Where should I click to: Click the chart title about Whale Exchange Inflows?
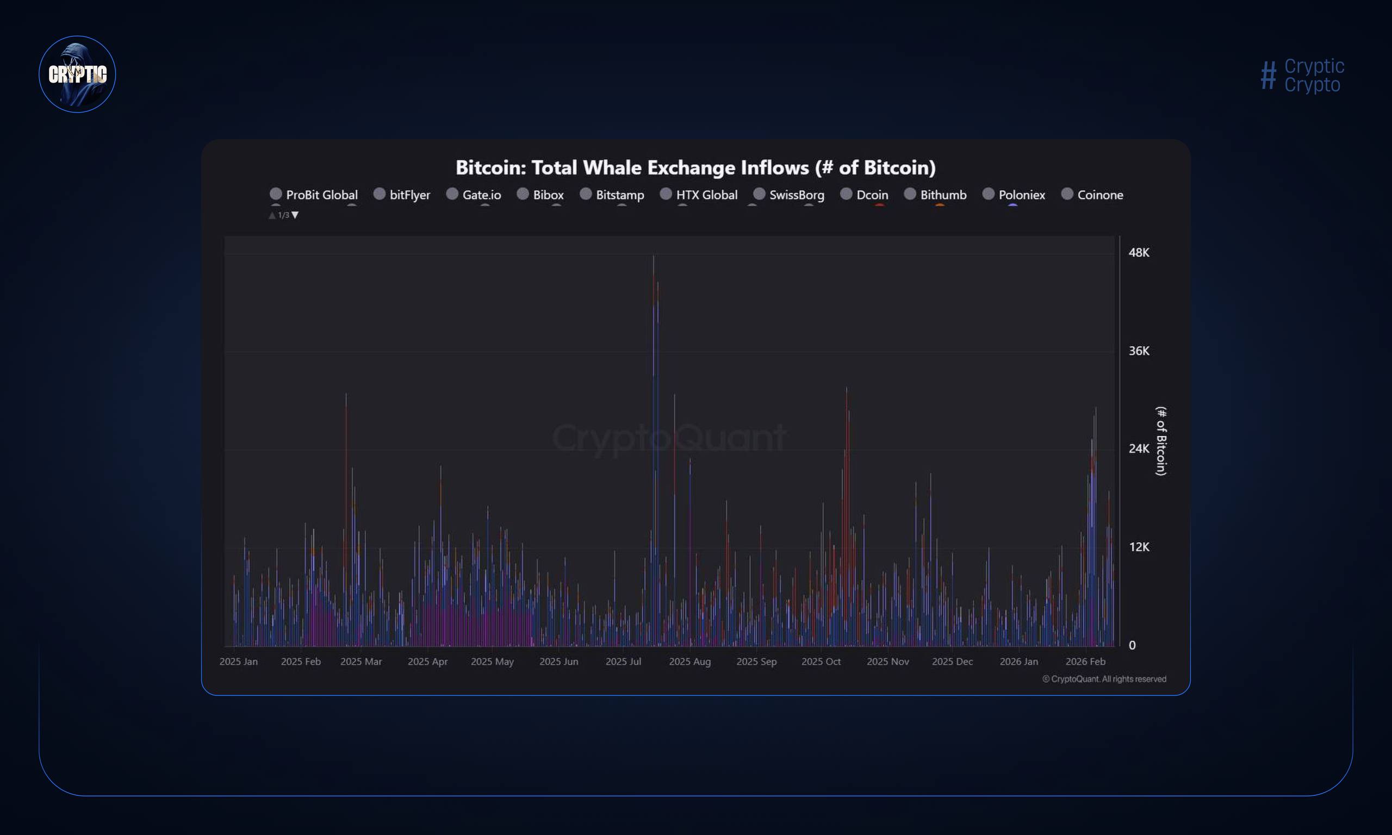[x=695, y=167]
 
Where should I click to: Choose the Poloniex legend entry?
[x=1014, y=195]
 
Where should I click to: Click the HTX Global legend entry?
[x=699, y=195]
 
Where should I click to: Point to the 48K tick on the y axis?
[x=1138, y=253]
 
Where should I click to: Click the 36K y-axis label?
[x=1138, y=351]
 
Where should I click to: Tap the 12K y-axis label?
[x=1138, y=547]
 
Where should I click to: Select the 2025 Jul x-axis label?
[x=623, y=662]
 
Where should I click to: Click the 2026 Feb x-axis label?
[x=1085, y=662]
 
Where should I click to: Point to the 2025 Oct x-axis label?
[x=821, y=662]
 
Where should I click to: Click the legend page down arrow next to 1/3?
[x=295, y=215]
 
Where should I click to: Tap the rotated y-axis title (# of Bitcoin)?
[x=1161, y=440]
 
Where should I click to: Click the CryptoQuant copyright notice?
[x=1104, y=679]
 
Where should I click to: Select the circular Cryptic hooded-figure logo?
[x=77, y=74]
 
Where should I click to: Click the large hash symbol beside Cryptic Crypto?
[x=1267, y=76]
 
